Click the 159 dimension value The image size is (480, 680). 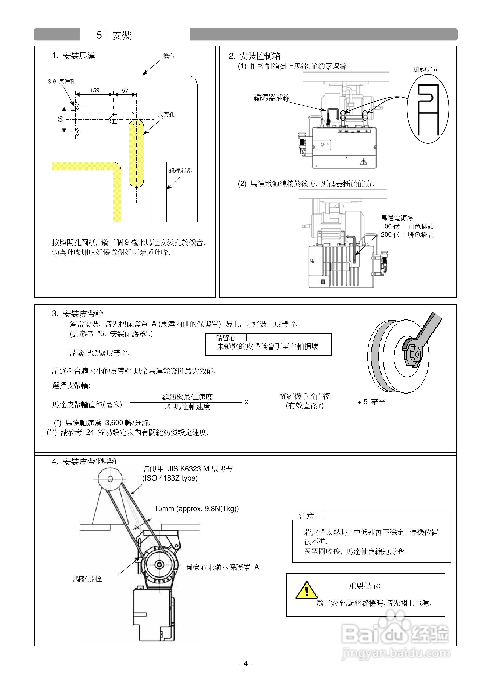click(x=95, y=90)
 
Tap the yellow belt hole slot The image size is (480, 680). click(x=136, y=154)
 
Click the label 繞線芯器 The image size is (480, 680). click(x=181, y=171)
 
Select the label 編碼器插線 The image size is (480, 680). click(x=272, y=98)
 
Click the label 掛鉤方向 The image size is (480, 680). click(x=426, y=70)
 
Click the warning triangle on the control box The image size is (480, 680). click(x=363, y=161)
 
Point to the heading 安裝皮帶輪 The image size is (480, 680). click(x=83, y=314)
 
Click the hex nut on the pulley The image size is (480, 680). click(x=413, y=354)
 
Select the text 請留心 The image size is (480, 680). click(x=226, y=338)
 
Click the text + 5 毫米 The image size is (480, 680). click(x=371, y=402)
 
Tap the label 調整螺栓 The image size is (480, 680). click(x=87, y=579)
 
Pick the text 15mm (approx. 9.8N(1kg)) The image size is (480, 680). click(x=196, y=509)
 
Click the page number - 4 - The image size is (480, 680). click(x=246, y=664)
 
